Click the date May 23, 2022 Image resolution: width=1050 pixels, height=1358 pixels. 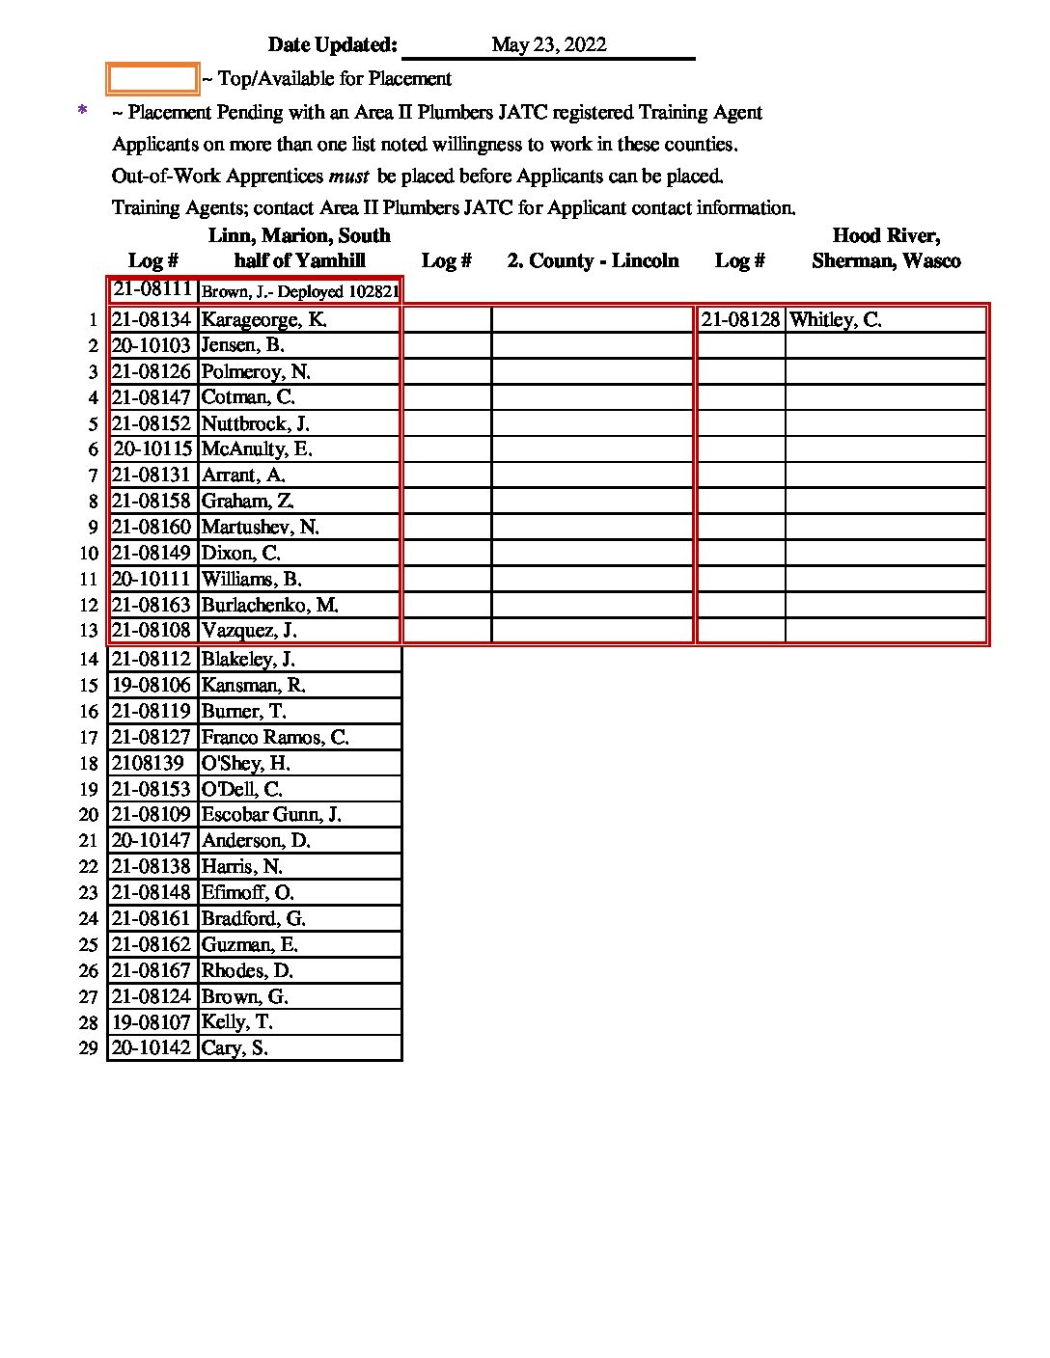pyautogui.click(x=548, y=45)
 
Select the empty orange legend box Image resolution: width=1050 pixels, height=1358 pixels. pyautogui.click(x=152, y=79)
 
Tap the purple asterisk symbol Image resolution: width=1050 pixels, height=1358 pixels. pyautogui.click(x=83, y=112)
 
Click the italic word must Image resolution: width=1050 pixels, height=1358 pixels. pyautogui.click(x=348, y=177)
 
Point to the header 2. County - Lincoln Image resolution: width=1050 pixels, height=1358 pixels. pyautogui.click(x=593, y=260)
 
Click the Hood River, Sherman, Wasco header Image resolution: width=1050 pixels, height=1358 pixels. pyautogui.click(x=886, y=248)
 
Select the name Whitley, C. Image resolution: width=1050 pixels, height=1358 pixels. pyautogui.click(x=835, y=320)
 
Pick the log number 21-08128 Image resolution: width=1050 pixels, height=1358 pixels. pyautogui.click(x=740, y=320)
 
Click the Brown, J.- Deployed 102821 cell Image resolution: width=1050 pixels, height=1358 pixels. pyautogui.click(x=299, y=291)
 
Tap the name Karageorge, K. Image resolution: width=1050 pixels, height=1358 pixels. pyautogui.click(x=263, y=320)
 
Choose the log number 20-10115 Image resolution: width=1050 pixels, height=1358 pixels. pyautogui.click(x=153, y=449)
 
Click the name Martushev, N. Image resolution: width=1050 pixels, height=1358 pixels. pyautogui.click(x=260, y=528)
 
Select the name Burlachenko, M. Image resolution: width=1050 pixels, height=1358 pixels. pyautogui.click(x=269, y=606)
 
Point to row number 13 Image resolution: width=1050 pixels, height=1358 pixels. pyautogui.click(x=89, y=632)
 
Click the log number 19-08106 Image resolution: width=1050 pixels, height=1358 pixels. pyautogui.click(x=152, y=686)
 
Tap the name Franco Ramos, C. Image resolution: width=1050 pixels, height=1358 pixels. pyautogui.click(x=275, y=738)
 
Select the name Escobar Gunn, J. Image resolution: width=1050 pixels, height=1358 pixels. pyautogui.click(x=271, y=815)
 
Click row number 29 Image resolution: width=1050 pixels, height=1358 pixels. pyautogui.click(x=89, y=1049)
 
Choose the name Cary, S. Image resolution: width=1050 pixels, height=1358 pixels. pyautogui.click(x=235, y=1048)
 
